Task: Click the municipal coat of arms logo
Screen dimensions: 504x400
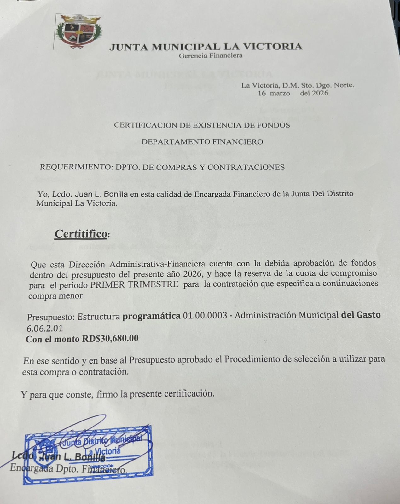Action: [x=78, y=31]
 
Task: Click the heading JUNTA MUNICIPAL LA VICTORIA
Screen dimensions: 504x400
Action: [x=206, y=47]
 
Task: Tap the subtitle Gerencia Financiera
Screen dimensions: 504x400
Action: [x=211, y=56]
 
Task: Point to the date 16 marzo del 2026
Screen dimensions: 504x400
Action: [x=293, y=93]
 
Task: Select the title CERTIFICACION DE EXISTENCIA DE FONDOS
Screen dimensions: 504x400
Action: [x=202, y=125]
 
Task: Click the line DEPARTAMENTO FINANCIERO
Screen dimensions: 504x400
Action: [x=202, y=142]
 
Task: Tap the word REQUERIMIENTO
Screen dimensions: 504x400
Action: [x=73, y=167]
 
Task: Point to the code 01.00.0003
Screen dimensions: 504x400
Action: [x=205, y=315]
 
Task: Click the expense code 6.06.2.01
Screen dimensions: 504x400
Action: [x=45, y=328]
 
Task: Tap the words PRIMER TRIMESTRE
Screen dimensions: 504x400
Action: [x=134, y=283]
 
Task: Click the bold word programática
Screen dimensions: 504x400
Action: [x=152, y=316]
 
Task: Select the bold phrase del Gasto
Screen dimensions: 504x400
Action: [x=361, y=315]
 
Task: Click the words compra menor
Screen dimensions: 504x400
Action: [x=55, y=296]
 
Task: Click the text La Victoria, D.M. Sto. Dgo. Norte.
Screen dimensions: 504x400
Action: [x=298, y=85]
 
